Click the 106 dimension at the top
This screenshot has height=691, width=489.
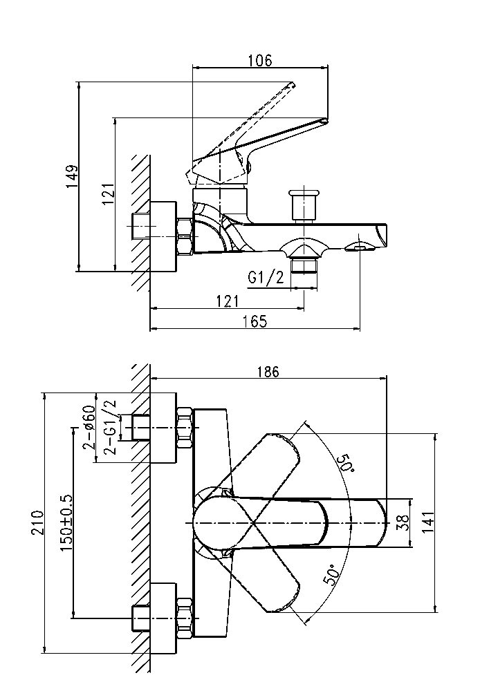click(x=259, y=60)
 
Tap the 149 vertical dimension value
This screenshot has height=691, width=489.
click(x=73, y=177)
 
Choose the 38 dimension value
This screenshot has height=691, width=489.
click(x=403, y=522)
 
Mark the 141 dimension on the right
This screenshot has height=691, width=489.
click(x=428, y=522)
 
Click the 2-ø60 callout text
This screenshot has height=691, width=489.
click(x=89, y=427)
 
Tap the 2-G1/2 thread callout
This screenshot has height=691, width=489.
click(x=110, y=426)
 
